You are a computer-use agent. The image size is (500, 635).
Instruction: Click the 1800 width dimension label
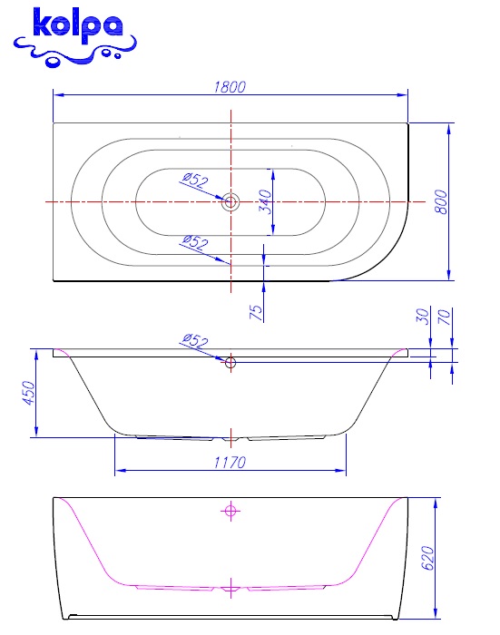(230, 87)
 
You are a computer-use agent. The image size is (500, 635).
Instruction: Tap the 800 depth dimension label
(441, 201)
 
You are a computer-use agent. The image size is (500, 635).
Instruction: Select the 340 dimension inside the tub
(265, 201)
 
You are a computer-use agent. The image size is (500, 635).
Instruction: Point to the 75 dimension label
(256, 312)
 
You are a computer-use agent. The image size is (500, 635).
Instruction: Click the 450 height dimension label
(29, 393)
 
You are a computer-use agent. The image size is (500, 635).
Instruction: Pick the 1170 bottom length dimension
(230, 462)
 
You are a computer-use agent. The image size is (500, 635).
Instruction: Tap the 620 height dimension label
(428, 558)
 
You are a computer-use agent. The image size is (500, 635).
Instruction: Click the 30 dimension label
(422, 317)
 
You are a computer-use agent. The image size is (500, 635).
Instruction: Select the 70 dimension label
(445, 317)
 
